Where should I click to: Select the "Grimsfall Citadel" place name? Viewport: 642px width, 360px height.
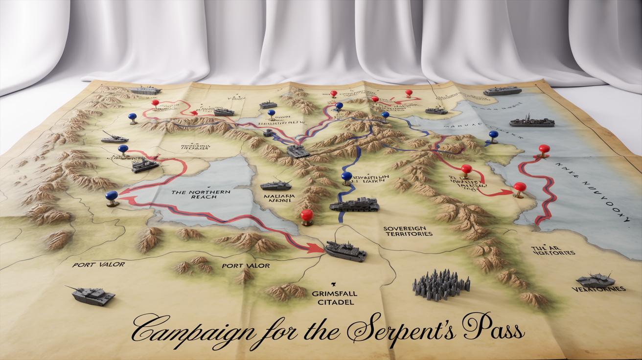pos(335,298)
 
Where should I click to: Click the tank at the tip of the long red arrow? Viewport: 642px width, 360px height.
pos(345,251)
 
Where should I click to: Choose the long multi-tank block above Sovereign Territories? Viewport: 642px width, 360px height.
pos(355,204)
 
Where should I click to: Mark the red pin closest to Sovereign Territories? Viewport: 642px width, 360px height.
pos(307,215)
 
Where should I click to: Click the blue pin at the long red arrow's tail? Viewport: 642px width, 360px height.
pos(112,196)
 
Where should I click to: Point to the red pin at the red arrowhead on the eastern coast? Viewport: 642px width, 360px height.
pos(519,187)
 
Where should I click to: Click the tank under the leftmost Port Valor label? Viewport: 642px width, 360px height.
pos(93,295)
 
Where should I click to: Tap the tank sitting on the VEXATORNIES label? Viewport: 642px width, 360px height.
pos(596,281)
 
